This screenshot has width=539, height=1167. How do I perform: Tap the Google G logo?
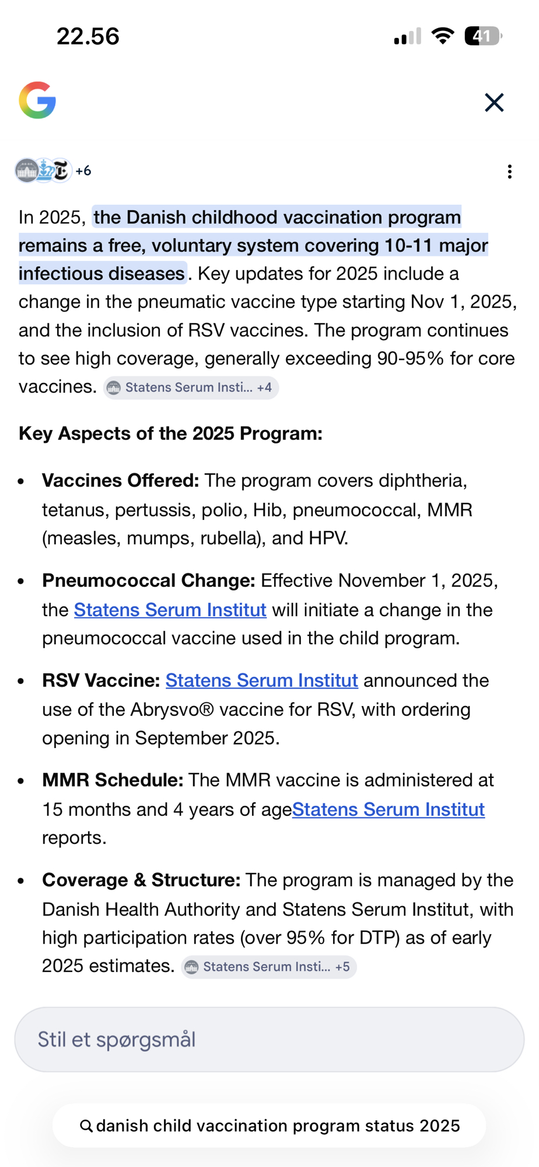pos(37,100)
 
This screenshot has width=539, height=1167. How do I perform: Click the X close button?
pos(494,103)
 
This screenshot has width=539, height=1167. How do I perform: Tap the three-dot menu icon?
pos(509,172)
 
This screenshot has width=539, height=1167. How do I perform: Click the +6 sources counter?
pos(83,171)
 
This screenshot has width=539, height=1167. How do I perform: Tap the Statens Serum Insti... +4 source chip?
pos(191,387)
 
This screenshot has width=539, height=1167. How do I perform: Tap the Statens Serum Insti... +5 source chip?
pos(268,967)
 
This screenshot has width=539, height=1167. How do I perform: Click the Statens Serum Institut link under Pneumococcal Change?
pos(170,610)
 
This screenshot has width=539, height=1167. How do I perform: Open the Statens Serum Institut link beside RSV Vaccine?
pos(261,680)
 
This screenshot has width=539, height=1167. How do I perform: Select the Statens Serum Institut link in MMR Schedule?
pos(388,809)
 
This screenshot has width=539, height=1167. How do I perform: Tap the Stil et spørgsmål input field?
pos(269,1039)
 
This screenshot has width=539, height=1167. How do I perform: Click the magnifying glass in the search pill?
pos(86,1126)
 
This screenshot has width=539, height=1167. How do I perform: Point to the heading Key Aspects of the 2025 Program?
pos(170,434)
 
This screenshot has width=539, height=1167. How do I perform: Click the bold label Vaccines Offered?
pos(120,481)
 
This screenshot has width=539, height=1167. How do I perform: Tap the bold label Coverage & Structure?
pos(141,880)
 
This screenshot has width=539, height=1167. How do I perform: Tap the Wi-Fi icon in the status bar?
pos(443,36)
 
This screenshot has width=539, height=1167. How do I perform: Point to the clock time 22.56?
pos(88,36)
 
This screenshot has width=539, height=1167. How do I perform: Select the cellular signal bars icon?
pos(407,37)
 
